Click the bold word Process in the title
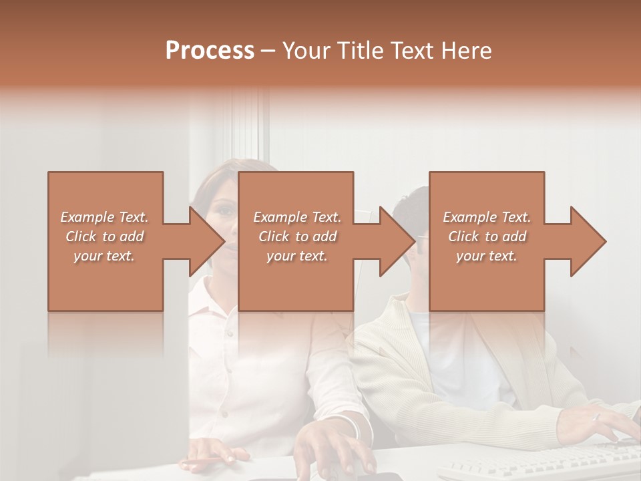[x=210, y=51]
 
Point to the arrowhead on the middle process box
[x=393, y=241]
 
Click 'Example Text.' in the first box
[x=105, y=217]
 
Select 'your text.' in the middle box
[x=297, y=256]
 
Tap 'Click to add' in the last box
[x=487, y=236]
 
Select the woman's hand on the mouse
[x=327, y=448]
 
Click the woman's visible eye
[x=226, y=212]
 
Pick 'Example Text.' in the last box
[x=487, y=217]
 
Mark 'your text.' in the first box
[x=105, y=256]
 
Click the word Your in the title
[x=304, y=51]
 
